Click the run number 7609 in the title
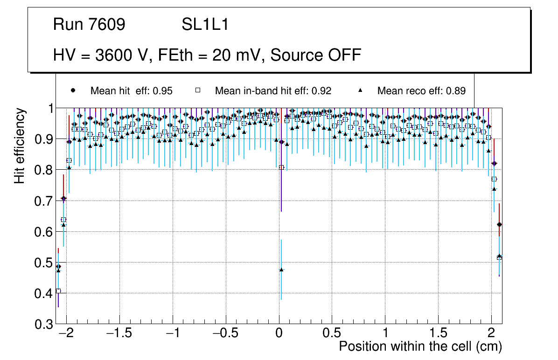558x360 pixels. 107,25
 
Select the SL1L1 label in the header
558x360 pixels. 205,25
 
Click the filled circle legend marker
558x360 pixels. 73,90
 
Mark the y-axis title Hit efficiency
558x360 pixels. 20,145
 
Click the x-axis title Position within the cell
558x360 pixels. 420,346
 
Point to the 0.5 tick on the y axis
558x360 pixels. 41,263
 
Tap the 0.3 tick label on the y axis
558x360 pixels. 41,325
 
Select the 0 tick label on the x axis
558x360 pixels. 279,334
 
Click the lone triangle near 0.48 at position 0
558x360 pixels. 281,270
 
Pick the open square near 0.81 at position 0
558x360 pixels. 281,167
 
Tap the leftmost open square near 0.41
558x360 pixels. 58,291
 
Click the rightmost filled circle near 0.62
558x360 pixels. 499,224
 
